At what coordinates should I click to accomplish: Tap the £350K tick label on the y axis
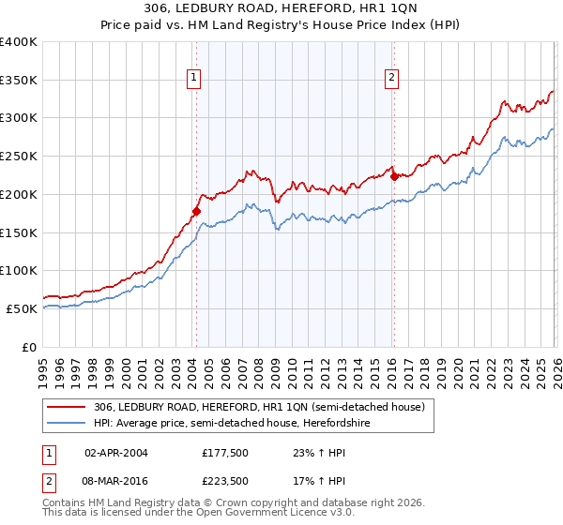click(x=19, y=80)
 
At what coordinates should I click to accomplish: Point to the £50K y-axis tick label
click(x=22, y=308)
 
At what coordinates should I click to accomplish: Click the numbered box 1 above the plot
click(x=193, y=79)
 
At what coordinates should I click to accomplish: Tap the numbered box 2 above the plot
click(x=391, y=79)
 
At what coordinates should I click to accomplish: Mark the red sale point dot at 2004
click(x=196, y=212)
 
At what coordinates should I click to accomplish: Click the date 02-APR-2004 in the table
click(x=116, y=453)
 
